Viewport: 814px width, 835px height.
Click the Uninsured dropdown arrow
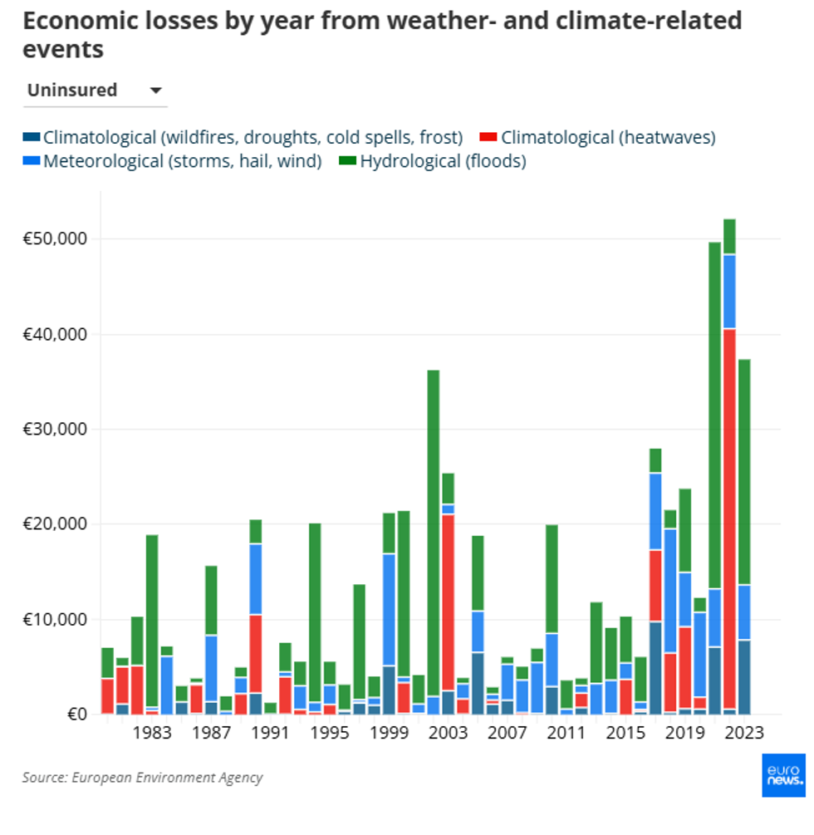[155, 91]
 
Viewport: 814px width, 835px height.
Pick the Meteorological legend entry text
[182, 161]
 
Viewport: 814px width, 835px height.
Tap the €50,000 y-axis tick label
[55, 239]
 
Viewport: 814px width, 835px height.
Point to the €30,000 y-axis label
[55, 430]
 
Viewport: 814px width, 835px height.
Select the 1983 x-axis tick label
[152, 733]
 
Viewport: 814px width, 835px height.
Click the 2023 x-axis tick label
[744, 733]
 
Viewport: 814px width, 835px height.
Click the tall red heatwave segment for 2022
[729, 515]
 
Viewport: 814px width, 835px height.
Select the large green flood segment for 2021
[714, 415]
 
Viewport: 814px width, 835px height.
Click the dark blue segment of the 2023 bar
[744, 676]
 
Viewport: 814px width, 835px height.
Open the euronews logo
[783, 775]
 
